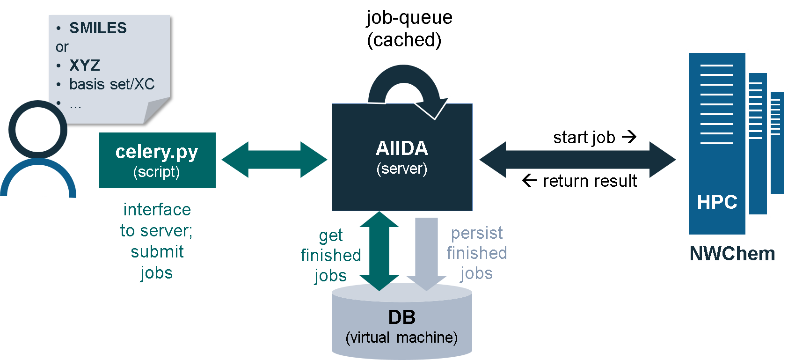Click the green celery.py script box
point(157,160)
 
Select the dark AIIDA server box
point(402,157)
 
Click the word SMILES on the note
point(98,28)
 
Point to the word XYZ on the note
point(85,66)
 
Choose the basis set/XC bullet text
point(112,84)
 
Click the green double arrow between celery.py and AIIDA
point(274,160)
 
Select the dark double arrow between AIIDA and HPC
point(577,160)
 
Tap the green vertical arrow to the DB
point(379,251)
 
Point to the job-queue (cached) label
point(409,29)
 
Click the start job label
point(595,137)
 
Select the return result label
point(580,181)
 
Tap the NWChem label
point(732,253)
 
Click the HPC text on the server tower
point(717,202)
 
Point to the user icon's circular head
point(37,130)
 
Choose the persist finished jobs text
point(477,253)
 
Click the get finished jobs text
point(331,255)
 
